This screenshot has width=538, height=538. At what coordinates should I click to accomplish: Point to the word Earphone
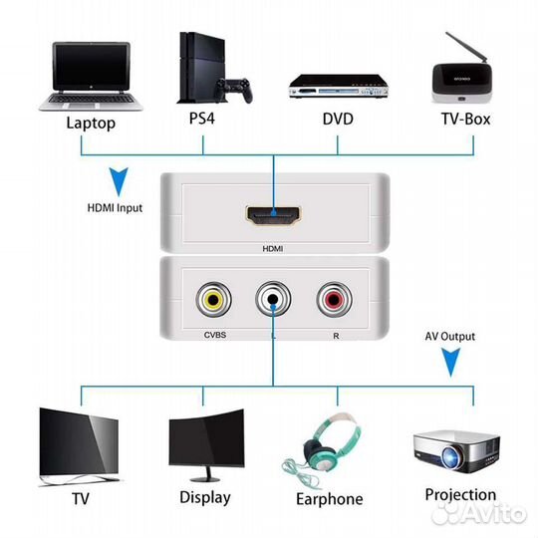[330, 499]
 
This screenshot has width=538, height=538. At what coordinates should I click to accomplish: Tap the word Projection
[459, 494]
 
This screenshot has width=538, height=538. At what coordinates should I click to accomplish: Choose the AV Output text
[451, 337]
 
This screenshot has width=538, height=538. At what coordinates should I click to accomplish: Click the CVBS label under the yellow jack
[214, 336]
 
